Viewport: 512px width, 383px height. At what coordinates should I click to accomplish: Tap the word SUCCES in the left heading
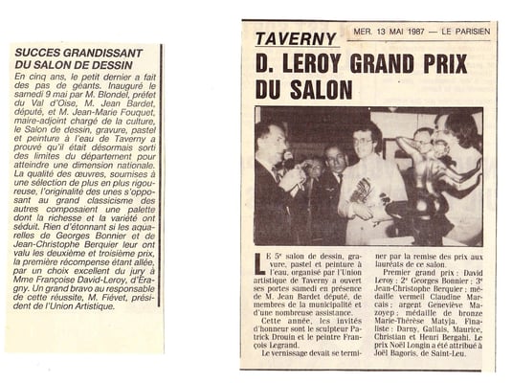click(x=33, y=50)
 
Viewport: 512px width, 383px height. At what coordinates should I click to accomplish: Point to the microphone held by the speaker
click(x=287, y=158)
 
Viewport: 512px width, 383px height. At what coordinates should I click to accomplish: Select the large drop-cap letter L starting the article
click(x=261, y=261)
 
